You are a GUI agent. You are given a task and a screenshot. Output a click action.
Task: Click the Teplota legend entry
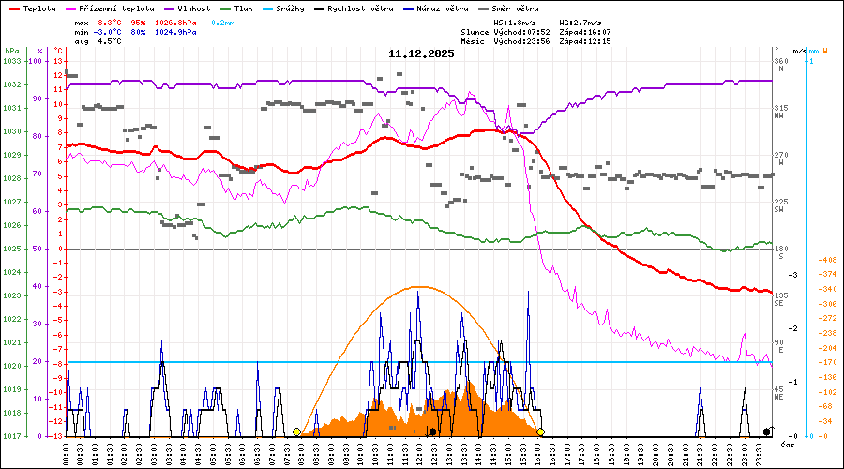[38, 8]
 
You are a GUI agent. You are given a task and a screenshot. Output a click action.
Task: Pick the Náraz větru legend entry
[444, 8]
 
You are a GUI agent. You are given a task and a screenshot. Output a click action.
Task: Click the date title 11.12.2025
[421, 53]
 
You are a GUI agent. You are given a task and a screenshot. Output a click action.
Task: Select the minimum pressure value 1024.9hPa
[176, 32]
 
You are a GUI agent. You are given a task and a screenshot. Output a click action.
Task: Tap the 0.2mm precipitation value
[222, 22]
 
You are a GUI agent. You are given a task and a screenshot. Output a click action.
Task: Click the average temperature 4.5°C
[109, 41]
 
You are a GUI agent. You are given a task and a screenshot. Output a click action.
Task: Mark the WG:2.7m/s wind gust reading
[581, 22]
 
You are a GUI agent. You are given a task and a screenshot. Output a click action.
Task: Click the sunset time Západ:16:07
[589, 32]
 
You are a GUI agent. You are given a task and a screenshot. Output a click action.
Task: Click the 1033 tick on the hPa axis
[11, 61]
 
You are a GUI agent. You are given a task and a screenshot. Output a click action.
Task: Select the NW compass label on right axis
[778, 115]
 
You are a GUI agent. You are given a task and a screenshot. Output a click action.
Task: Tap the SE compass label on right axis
[778, 303]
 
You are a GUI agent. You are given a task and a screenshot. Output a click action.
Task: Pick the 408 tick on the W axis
[829, 260]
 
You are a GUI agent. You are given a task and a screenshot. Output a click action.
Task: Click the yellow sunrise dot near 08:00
[297, 431]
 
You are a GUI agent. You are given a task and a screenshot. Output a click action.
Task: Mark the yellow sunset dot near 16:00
[541, 431]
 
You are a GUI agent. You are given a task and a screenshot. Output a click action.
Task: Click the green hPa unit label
[11, 50]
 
